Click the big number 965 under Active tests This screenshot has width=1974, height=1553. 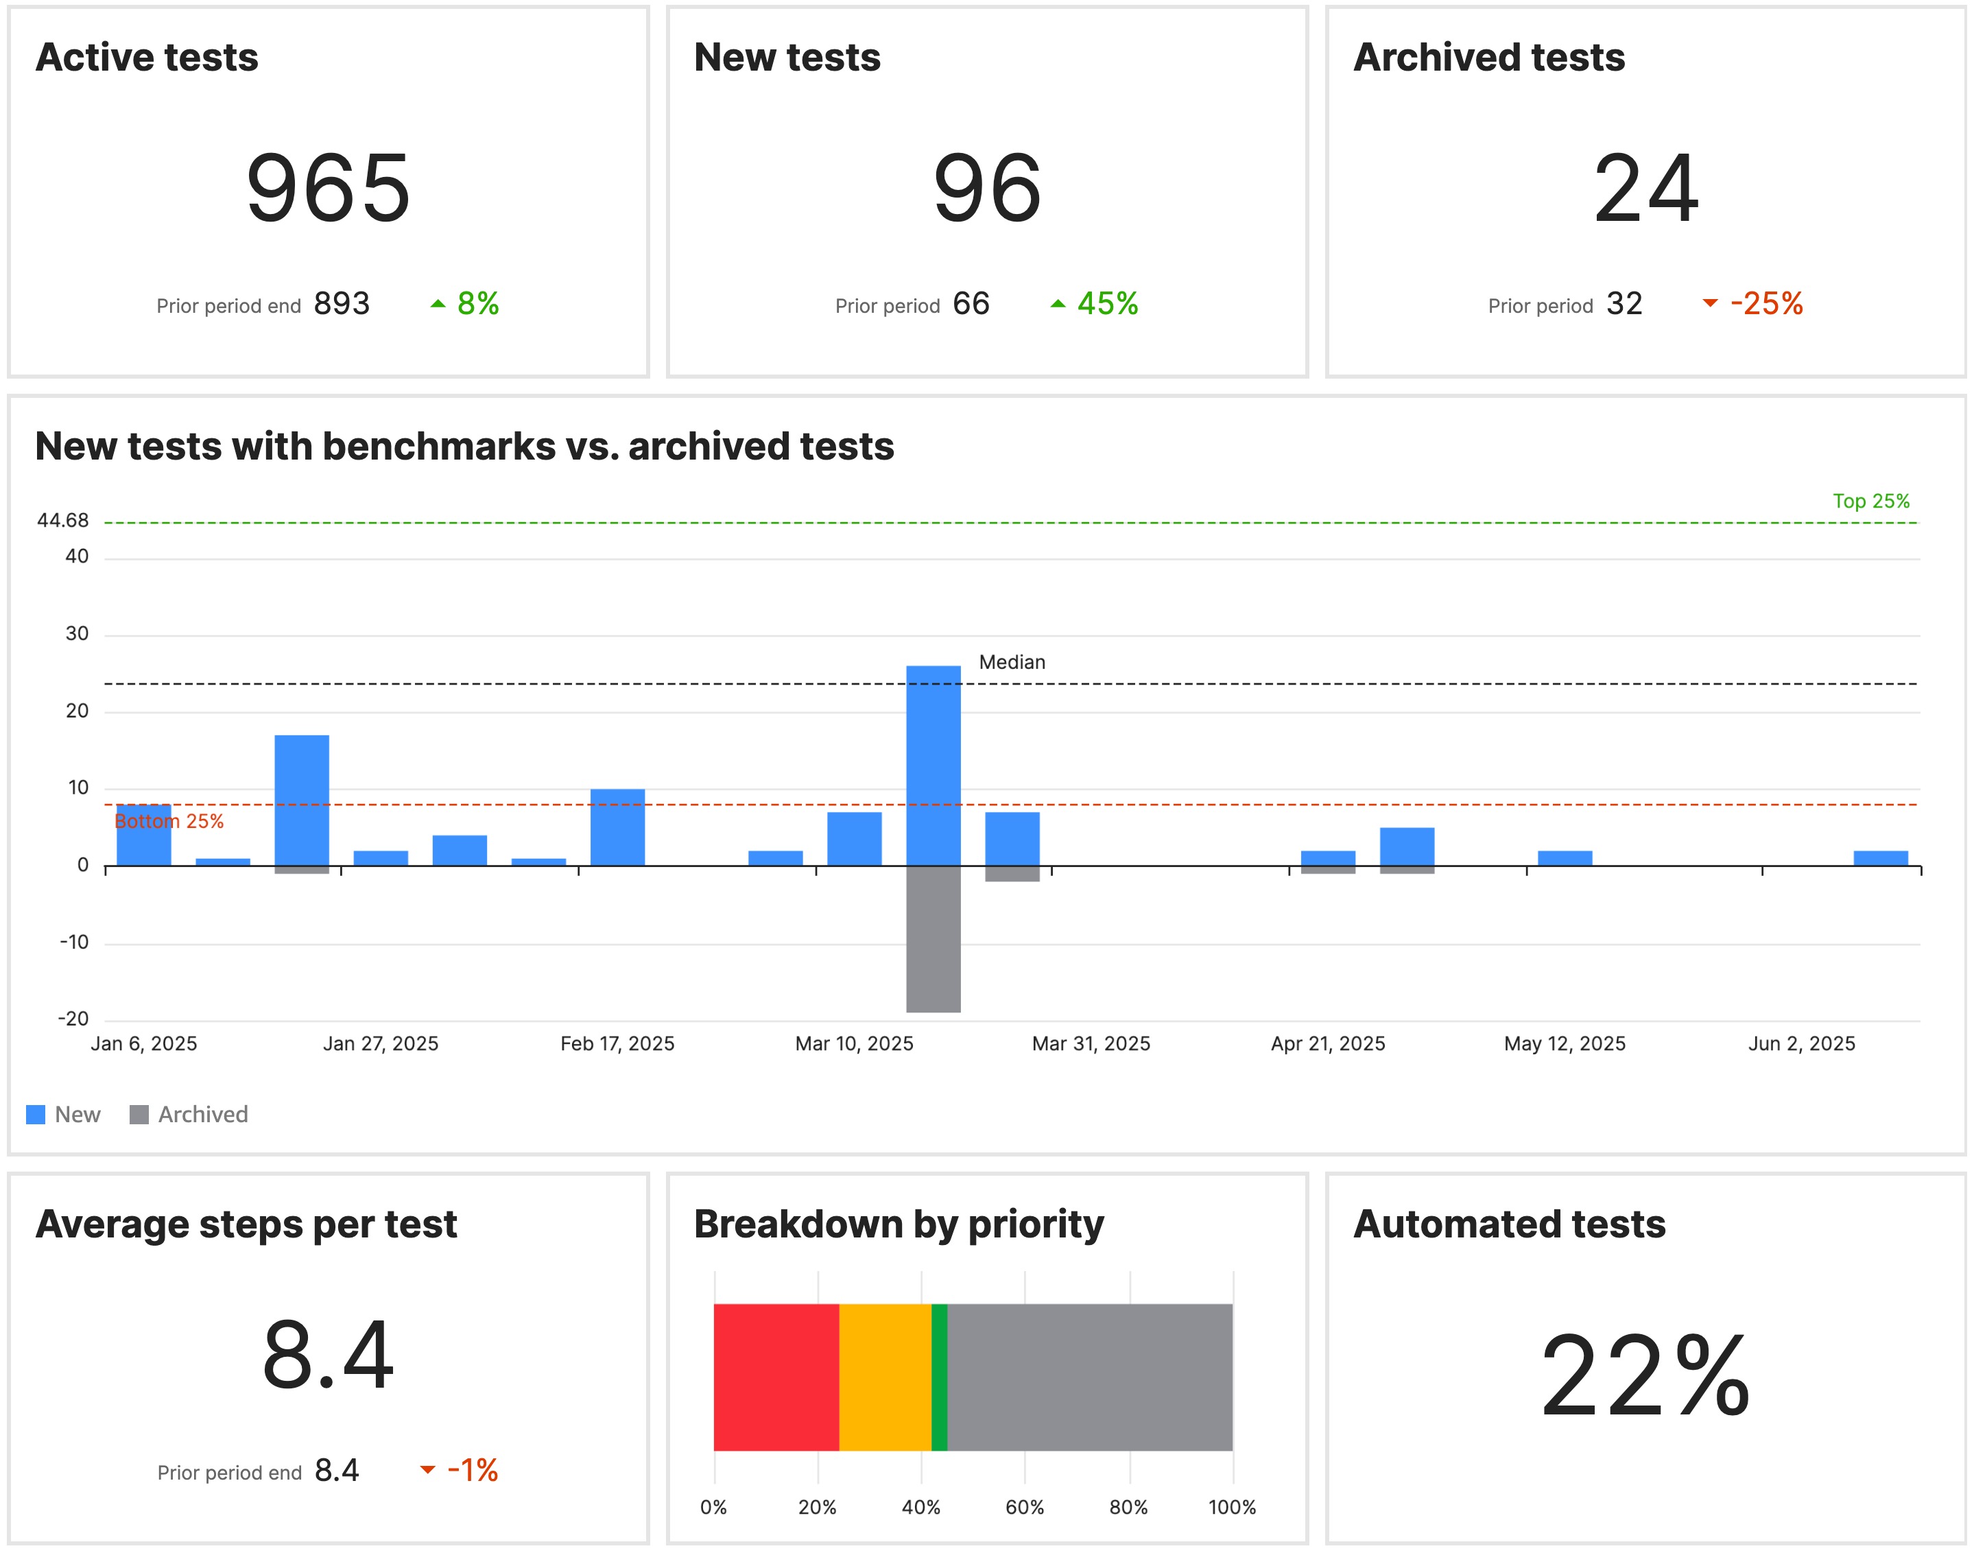point(329,188)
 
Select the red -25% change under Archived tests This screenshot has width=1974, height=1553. point(1765,304)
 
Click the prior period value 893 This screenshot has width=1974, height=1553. point(341,304)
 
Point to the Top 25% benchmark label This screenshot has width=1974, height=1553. point(1870,501)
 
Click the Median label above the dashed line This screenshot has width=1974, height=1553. point(1011,662)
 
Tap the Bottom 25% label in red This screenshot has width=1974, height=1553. point(169,821)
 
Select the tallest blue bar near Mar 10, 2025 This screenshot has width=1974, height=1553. point(933,763)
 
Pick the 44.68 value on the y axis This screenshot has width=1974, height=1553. point(62,520)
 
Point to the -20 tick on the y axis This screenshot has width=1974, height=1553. point(73,1019)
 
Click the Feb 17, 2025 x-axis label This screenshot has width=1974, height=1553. point(617,1043)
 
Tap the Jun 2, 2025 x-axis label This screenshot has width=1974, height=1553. point(1800,1043)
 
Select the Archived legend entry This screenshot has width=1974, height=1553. point(202,1114)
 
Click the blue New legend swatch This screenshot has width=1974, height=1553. point(36,1114)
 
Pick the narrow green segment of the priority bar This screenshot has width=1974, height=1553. point(939,1377)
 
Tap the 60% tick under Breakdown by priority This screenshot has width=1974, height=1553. point(1024,1506)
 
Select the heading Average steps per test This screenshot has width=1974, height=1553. point(246,1224)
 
